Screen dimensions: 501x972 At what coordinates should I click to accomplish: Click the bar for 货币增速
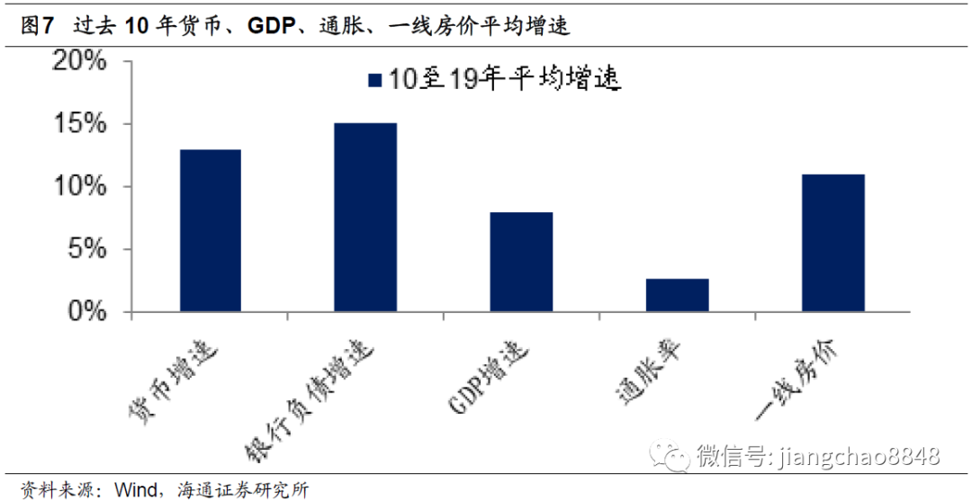(211, 231)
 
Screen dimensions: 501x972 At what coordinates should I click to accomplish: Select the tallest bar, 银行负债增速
(366, 218)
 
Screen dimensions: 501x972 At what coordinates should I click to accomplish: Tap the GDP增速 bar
(522, 263)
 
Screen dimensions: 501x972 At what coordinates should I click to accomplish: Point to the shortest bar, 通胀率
(678, 296)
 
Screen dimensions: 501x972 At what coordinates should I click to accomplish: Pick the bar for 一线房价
(833, 243)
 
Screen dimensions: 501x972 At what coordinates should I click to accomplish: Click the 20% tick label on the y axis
(82, 62)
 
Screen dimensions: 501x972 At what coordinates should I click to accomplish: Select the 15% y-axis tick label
(82, 124)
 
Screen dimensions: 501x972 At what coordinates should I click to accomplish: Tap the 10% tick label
(82, 187)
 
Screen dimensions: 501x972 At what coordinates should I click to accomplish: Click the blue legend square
(375, 81)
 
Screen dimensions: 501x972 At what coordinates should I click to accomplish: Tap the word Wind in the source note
(133, 490)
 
